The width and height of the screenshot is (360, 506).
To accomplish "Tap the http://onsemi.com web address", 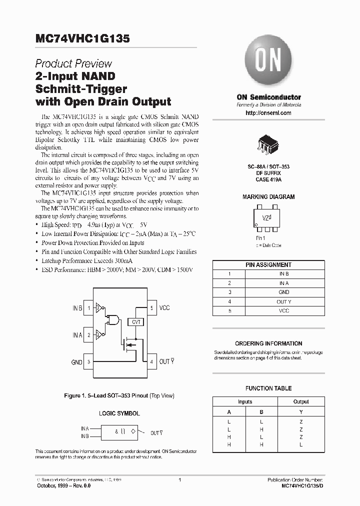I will (268, 113).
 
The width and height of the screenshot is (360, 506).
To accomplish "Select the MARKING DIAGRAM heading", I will (268, 197).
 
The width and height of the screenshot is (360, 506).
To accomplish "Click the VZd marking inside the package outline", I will (267, 217).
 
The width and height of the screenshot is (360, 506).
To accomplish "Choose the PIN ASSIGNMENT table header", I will (268, 265).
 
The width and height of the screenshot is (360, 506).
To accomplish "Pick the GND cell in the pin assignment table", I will (283, 292).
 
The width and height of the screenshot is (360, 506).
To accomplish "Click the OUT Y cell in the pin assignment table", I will (283, 301).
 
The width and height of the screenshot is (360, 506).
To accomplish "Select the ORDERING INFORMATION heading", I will (268, 343).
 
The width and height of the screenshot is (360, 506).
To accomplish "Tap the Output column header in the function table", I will (301, 401).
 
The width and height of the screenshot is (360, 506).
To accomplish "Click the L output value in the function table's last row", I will (301, 444).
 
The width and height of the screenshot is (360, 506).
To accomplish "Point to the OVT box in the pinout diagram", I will (136, 322).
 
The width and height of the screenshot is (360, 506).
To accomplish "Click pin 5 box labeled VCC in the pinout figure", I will (151, 308).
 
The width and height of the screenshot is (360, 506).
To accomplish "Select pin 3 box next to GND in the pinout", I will (89, 361).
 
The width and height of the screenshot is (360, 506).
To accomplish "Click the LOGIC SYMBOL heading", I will (119, 413).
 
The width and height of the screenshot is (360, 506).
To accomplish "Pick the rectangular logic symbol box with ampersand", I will (119, 432).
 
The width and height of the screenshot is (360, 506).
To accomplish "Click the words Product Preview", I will (73, 64).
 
